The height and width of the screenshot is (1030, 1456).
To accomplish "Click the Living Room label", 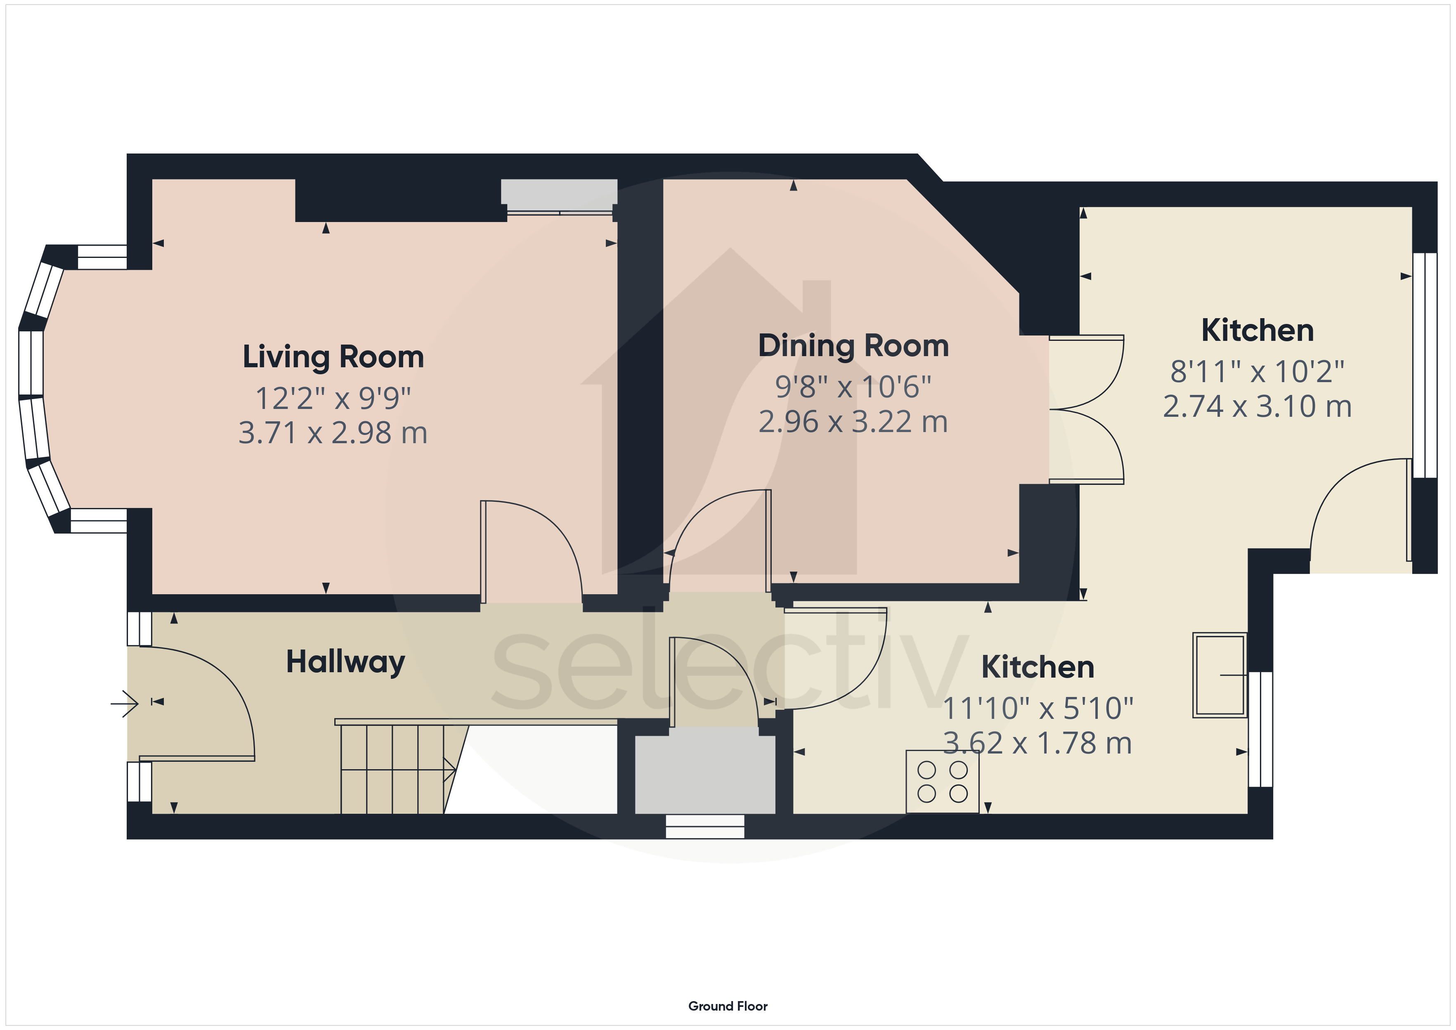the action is pos(333,357).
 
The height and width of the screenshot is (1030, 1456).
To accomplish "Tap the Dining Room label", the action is pos(853,346).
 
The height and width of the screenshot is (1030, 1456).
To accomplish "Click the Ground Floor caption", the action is pos(728,1006).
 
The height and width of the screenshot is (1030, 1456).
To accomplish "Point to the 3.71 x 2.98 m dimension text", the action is pos(333,433).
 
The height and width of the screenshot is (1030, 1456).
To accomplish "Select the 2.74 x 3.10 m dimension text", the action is pos(1257,406).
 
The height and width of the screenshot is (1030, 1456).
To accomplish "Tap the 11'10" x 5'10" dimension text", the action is pos(1038,709).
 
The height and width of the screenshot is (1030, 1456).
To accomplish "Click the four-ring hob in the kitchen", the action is pos(942,782).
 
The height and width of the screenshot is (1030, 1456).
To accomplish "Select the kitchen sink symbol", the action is pos(1220,675).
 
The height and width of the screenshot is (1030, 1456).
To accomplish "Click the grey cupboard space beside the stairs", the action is pos(705,775).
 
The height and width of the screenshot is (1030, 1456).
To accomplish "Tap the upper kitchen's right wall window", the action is pos(1425,365).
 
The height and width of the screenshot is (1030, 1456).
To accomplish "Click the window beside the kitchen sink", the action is pos(1261,729).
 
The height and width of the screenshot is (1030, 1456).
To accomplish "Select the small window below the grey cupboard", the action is pos(705,827).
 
